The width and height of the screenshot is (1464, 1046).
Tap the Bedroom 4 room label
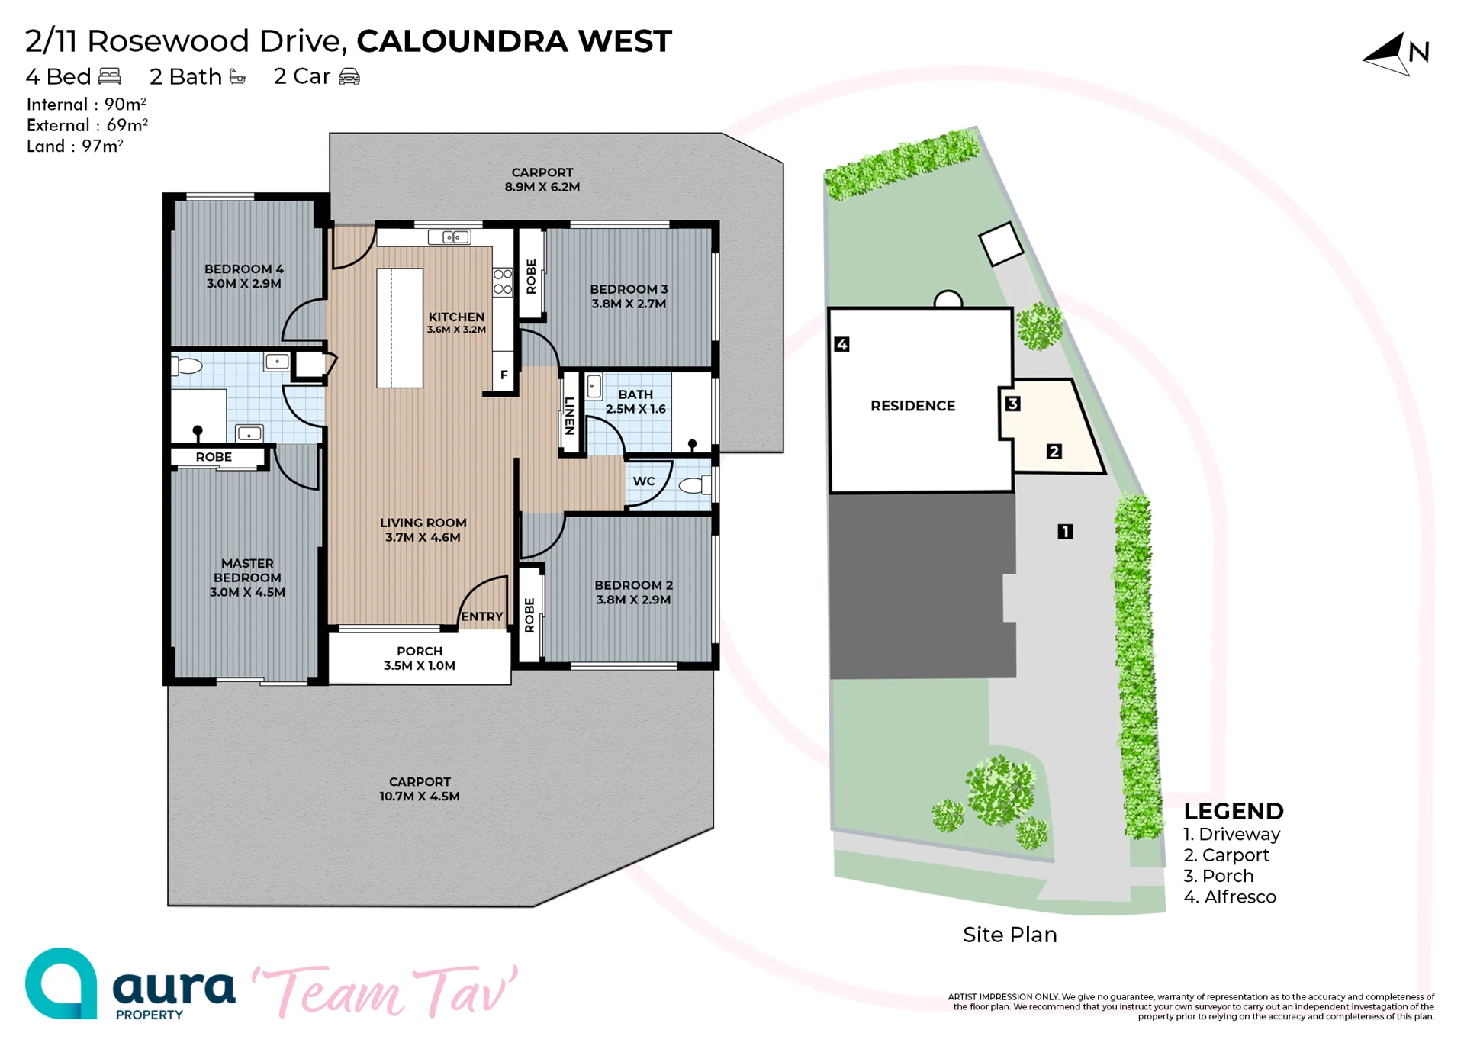[x=244, y=276]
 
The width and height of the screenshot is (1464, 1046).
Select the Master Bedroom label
[x=247, y=578]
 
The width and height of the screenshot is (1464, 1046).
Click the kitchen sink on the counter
[x=449, y=237]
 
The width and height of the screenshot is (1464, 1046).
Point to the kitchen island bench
[x=400, y=328]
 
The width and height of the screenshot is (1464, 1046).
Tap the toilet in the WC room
[x=695, y=484]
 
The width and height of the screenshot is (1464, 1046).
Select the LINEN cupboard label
[x=569, y=416]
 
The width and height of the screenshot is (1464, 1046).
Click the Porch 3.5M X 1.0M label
[x=420, y=658]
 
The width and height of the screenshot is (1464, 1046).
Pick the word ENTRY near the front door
[x=482, y=616]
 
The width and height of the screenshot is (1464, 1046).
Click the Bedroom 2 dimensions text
[x=633, y=600]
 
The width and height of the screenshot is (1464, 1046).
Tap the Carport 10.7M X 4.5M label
[x=420, y=789]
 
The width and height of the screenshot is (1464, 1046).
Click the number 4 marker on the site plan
[x=841, y=344]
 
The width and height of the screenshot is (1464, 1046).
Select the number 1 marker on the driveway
[x=1065, y=531]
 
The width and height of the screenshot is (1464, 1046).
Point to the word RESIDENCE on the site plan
[x=913, y=406]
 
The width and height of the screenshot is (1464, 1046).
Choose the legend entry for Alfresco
[x=1230, y=897]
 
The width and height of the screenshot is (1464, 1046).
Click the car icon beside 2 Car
[x=349, y=76]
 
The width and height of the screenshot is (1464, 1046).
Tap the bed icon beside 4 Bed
[x=110, y=76]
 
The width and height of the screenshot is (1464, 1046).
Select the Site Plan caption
[x=1010, y=935]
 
